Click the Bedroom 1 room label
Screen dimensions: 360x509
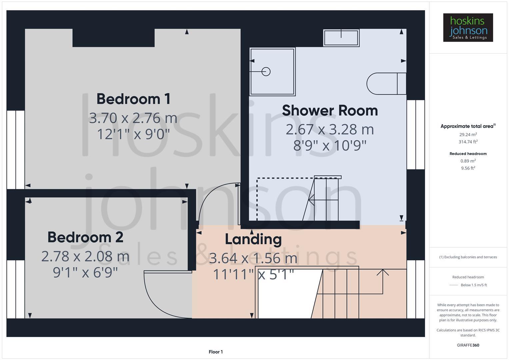[133, 99]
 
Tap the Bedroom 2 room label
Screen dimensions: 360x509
[85, 237]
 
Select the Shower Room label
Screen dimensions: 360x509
[330, 111]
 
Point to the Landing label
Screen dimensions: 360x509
[253, 239]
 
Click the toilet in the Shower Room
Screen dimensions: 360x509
[386, 83]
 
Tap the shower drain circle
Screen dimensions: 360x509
[266, 71]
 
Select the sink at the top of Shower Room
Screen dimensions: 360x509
[341, 37]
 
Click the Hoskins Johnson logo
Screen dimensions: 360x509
[468, 28]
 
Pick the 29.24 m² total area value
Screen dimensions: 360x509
[468, 135]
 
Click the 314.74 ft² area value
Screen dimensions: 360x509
[468, 142]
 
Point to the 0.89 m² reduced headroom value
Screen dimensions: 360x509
[468, 161]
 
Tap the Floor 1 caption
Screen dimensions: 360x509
[216, 352]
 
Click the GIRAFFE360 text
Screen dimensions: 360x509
[468, 345]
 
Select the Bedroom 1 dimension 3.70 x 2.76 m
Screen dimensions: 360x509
[133, 118]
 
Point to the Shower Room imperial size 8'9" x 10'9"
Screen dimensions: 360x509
[330, 146]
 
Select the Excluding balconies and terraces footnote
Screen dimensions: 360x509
[468, 257]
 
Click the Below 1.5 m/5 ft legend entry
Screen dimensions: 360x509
[473, 285]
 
